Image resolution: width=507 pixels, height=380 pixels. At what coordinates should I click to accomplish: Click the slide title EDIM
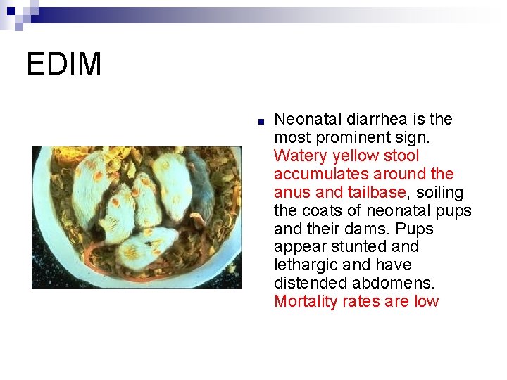pyautogui.click(x=64, y=64)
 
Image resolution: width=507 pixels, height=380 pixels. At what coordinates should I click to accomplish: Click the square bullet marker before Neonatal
pyautogui.click(x=261, y=121)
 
